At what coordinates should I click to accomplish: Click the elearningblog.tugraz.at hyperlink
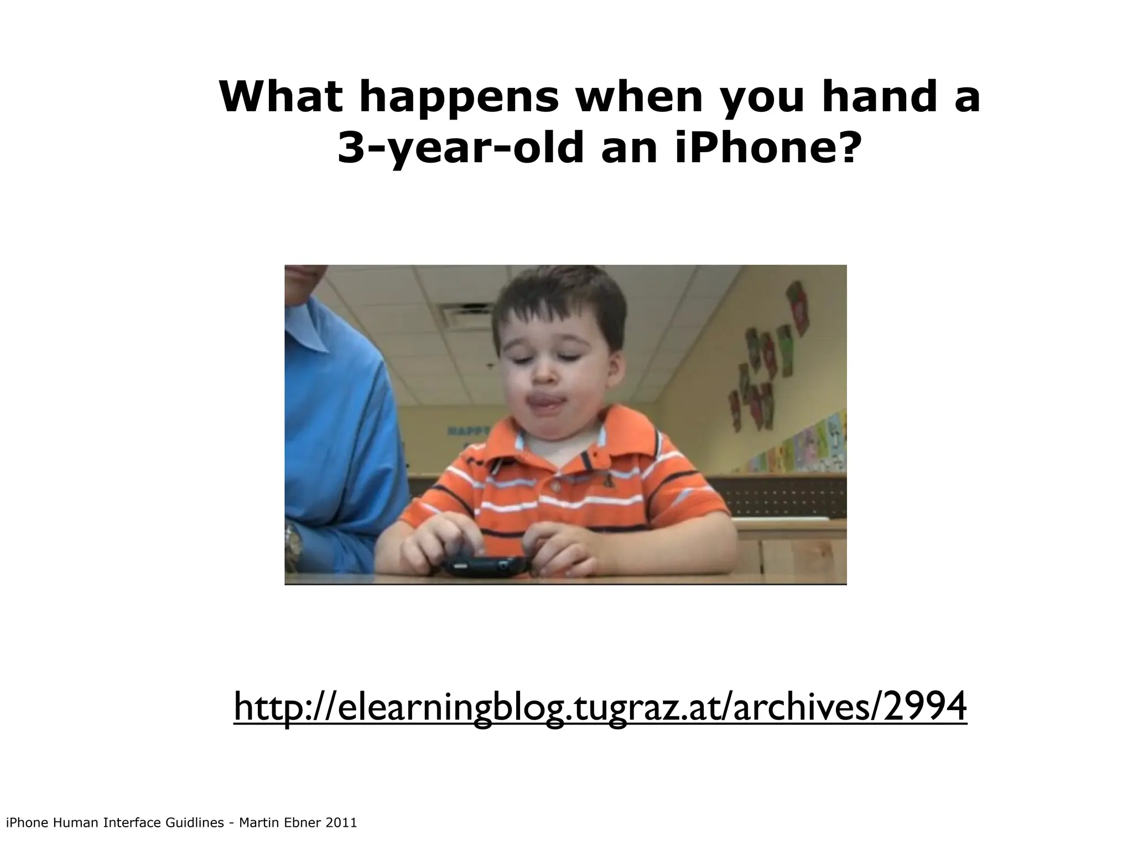coord(600,707)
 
